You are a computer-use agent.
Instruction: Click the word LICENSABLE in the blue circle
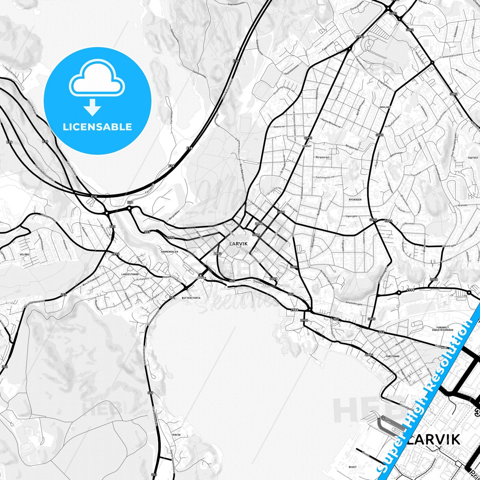tap(97, 127)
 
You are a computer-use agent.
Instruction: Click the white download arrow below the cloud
tap(92, 107)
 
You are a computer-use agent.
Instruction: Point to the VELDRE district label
tap(25, 254)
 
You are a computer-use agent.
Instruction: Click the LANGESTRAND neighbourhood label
tap(130, 274)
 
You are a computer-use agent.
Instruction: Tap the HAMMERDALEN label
tap(169, 252)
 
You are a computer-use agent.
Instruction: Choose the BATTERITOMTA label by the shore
tap(191, 298)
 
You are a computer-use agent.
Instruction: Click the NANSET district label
tap(307, 146)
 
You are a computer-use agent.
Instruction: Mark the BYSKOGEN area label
tap(355, 200)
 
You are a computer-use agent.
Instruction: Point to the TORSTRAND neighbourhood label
tap(392, 356)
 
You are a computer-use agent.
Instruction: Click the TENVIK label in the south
tap(176, 435)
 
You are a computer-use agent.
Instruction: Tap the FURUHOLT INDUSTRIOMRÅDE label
tap(442, 329)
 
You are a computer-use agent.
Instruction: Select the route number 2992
tap(218, 253)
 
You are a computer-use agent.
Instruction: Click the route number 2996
tap(116, 254)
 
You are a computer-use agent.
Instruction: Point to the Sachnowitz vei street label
tap(325, 177)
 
